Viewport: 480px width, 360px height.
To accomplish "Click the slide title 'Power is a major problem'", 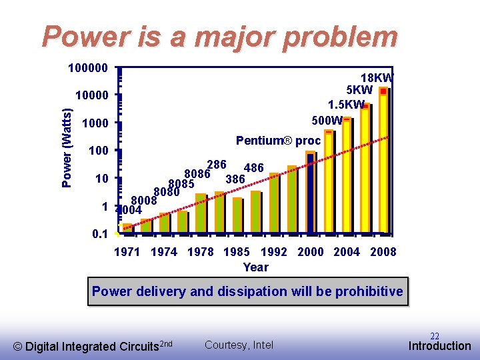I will click(220, 37).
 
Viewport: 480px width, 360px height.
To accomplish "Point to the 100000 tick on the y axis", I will click(89, 68).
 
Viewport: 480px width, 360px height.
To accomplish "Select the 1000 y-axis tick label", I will click(94, 124).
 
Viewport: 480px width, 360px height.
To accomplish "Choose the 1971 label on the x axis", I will click(127, 251).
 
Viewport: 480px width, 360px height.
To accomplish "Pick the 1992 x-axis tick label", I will click(274, 251).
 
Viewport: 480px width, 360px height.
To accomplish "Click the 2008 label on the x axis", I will click(383, 251).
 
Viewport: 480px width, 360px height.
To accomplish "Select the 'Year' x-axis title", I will click(256, 267).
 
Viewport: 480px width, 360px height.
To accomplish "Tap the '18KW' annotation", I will click(377, 77).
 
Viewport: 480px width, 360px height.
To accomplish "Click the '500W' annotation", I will click(327, 121).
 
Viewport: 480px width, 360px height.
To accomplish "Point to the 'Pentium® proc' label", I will click(278, 141).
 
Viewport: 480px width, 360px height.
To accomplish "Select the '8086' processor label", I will click(197, 174).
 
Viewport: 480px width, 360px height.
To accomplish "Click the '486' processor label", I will click(254, 168).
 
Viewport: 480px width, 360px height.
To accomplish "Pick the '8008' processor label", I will click(143, 200).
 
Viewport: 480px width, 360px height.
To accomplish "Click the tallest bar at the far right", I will click(384, 160).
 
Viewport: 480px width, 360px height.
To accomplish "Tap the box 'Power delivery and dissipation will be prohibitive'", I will click(247, 291).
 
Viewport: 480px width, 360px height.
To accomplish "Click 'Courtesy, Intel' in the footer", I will click(239, 345).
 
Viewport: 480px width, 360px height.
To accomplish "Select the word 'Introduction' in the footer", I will click(440, 346).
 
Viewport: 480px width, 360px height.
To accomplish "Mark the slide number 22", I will click(434, 336).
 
